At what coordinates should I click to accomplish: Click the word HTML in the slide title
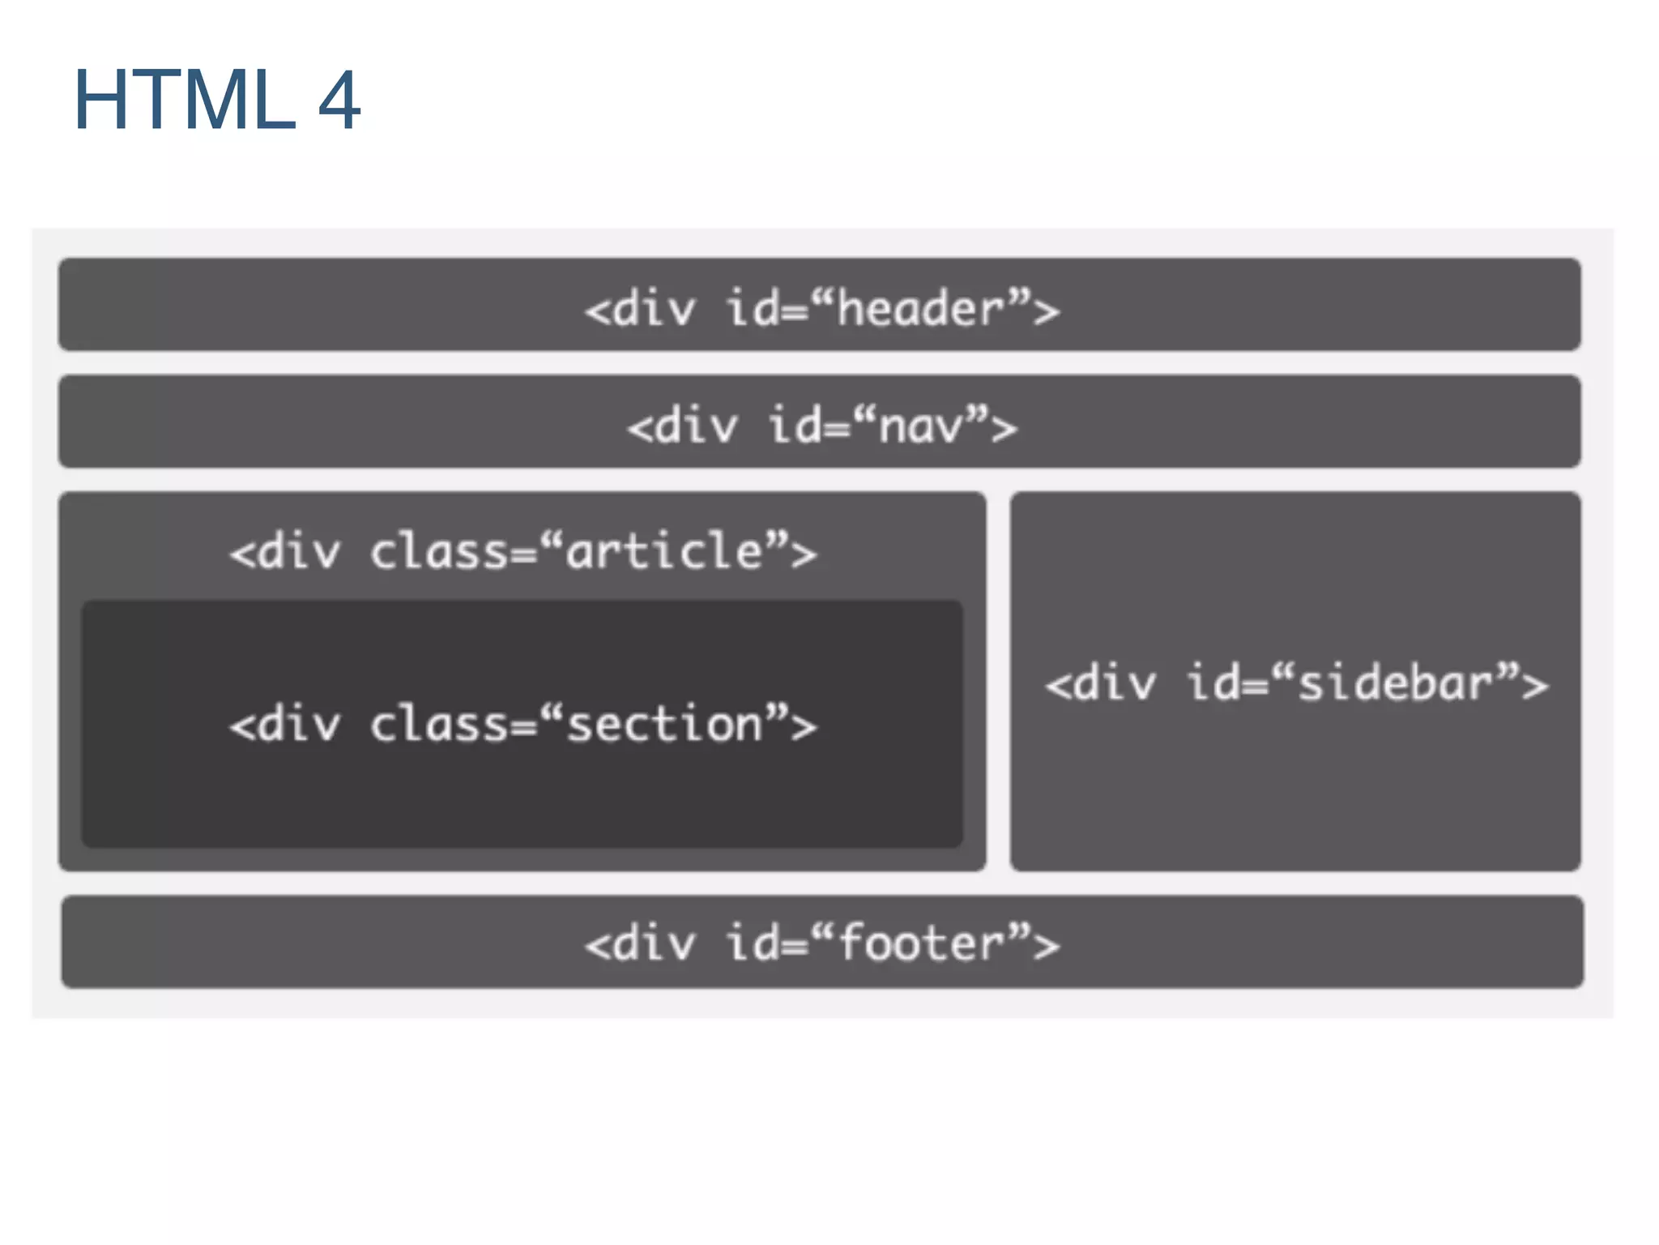pos(185,100)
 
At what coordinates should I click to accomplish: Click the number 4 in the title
pos(339,100)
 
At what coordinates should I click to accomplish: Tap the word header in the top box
pos(920,309)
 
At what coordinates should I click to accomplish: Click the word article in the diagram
pos(664,551)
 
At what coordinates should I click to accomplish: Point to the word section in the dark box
pos(664,724)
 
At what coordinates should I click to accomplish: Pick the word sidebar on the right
pos(1396,682)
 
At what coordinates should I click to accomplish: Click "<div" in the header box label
pos(640,309)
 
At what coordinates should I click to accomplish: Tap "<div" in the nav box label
pos(682,426)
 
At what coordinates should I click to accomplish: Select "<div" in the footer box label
pos(640,943)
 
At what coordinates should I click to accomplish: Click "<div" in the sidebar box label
pos(1101,682)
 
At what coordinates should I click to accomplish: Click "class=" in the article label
pos(452,551)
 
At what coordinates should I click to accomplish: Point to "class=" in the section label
pos(452,724)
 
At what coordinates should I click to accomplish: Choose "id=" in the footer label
pos(766,943)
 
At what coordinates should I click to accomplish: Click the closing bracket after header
pos(1046,311)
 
